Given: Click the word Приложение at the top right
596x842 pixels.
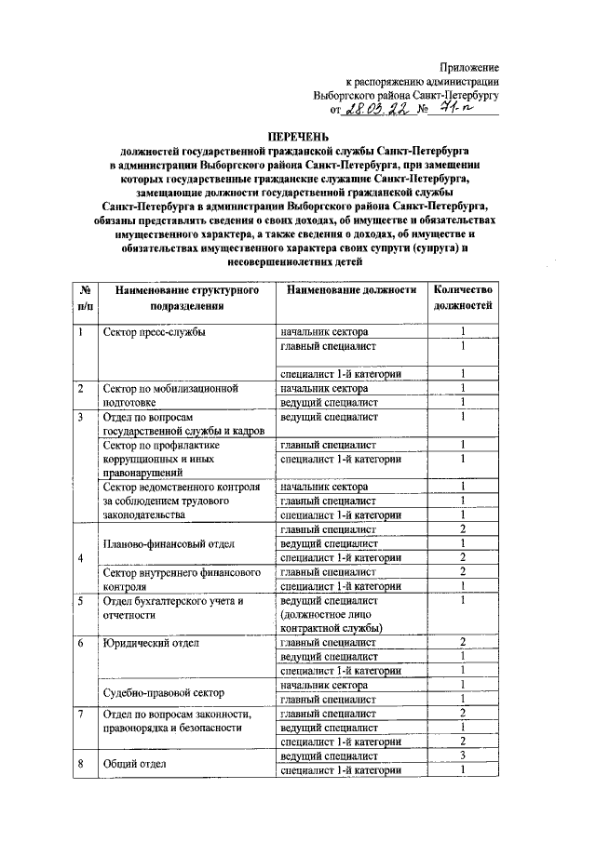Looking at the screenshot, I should point(469,67).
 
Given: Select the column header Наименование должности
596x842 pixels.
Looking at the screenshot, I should point(351,290).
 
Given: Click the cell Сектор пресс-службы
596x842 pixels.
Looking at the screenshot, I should point(155,332).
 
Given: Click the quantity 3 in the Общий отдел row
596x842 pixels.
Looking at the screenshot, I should point(462,756).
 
